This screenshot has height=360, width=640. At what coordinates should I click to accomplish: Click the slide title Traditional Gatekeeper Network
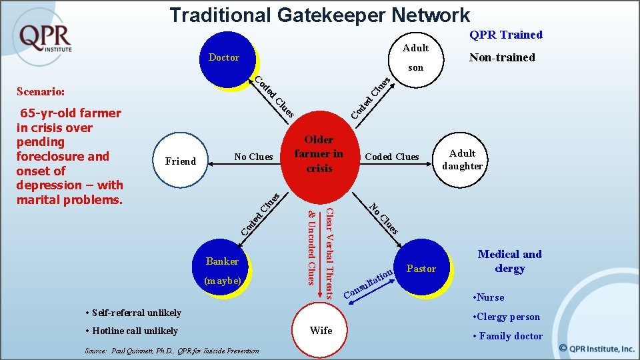tap(319, 15)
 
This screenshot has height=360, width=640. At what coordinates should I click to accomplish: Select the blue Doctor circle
tap(227, 59)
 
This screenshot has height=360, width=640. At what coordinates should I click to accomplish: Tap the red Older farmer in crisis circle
tap(319, 154)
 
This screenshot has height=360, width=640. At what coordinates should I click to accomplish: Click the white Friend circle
tap(181, 161)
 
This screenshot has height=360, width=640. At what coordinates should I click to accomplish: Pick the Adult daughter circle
tap(462, 160)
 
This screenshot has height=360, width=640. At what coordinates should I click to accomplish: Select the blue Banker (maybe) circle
tap(223, 269)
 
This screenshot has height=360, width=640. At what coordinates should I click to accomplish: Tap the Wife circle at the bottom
tap(321, 330)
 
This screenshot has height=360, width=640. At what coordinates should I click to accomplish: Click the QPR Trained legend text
tap(506, 35)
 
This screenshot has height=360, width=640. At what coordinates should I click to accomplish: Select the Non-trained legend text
tap(502, 57)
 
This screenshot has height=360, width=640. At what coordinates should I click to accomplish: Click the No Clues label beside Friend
tap(253, 157)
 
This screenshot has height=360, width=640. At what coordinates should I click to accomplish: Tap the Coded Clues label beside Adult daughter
tap(392, 157)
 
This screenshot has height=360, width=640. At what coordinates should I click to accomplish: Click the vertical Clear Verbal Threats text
tap(329, 252)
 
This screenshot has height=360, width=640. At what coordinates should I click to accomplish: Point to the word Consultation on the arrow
tap(367, 283)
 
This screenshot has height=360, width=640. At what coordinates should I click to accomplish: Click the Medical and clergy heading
tap(509, 261)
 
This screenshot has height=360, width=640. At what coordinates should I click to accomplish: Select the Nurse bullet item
tap(488, 297)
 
